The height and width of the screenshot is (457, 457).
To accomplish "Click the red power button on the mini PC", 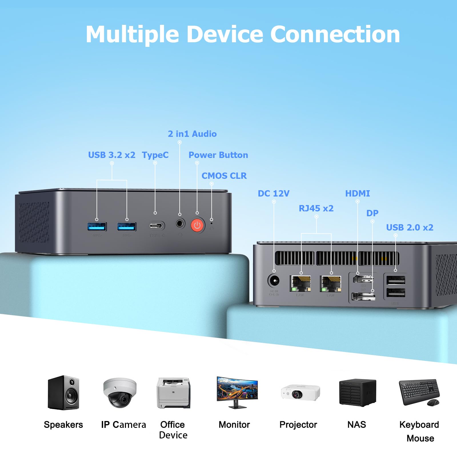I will pos(197,225).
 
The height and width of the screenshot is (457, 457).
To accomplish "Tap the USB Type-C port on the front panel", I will pos(157,226).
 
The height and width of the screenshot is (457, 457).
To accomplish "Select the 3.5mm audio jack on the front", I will pos(180,223).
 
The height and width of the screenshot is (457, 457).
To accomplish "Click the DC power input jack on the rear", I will pos(274,280).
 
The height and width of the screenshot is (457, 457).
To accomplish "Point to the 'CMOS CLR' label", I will pos(224,176).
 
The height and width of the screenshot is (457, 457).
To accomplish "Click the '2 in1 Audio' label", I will pos(192,134).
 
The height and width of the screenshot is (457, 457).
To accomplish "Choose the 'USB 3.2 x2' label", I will pos(111,155).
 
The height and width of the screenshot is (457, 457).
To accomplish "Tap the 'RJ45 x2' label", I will pos(316,208).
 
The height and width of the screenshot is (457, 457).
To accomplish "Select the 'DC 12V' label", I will pos(273,193).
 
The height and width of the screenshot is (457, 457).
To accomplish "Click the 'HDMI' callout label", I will pos(357,193).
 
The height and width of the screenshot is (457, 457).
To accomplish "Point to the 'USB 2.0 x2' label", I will pos(410,227).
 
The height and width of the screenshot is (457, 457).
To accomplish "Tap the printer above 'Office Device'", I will pos(173,393).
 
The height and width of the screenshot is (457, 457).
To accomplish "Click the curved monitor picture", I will pos(237,391).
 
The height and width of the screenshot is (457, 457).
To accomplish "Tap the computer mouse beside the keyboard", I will pos(433,402).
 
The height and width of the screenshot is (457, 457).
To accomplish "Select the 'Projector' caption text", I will pos(298,424).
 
